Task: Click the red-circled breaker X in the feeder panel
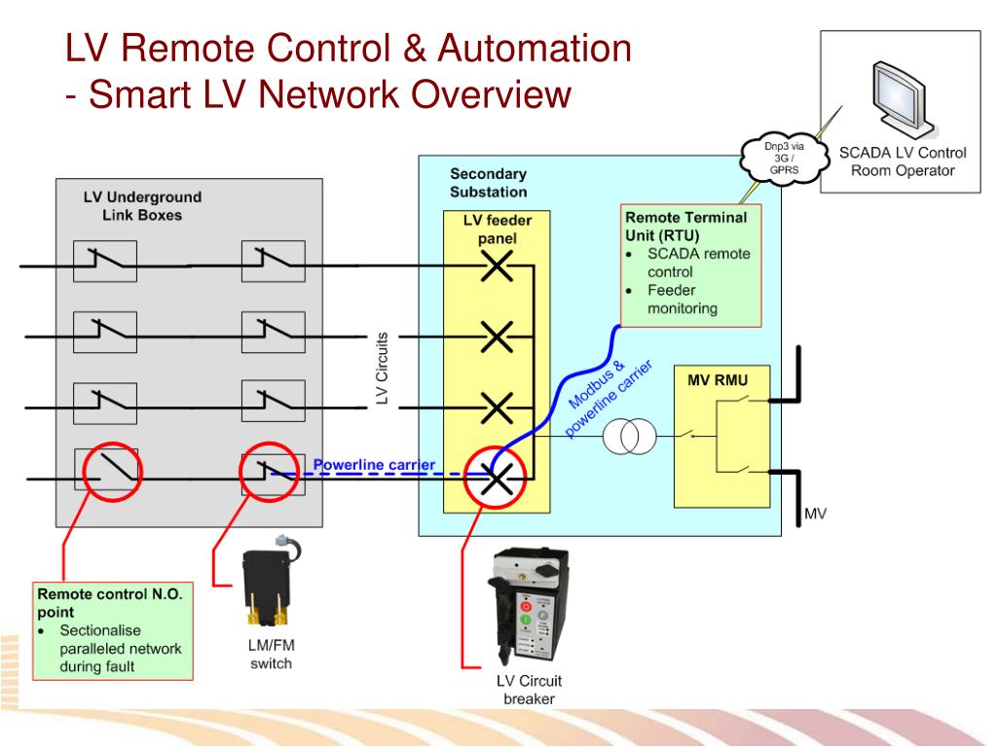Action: tap(498, 477)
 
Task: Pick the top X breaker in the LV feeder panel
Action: tap(498, 264)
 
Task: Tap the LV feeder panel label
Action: tap(497, 230)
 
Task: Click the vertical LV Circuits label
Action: tap(383, 368)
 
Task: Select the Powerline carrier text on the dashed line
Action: tap(374, 464)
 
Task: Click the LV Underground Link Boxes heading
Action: tap(142, 206)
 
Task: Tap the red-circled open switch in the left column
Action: tap(111, 474)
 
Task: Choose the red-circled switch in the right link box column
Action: tap(269, 472)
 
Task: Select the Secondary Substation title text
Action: tap(488, 182)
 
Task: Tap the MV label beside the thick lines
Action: tap(816, 513)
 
